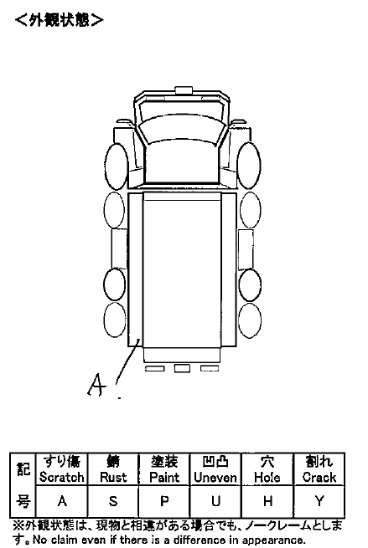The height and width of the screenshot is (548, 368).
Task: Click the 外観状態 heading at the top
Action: [x=60, y=20]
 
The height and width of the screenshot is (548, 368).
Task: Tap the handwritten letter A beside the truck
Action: [x=96, y=385]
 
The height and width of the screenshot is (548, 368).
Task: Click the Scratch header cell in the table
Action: [x=62, y=469]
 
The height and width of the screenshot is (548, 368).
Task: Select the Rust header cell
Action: [x=113, y=469]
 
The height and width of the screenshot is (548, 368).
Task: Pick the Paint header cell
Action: [x=164, y=469]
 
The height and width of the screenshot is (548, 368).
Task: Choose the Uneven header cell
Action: [x=215, y=469]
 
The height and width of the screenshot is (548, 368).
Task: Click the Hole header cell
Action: [x=267, y=469]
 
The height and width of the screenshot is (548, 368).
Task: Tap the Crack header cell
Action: [x=319, y=469]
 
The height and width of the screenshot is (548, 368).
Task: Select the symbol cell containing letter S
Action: [x=113, y=501]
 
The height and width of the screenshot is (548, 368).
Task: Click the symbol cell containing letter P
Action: [x=164, y=501]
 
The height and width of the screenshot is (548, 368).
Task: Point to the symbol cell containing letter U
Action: [x=215, y=501]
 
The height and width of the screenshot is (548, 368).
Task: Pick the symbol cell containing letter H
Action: [x=267, y=501]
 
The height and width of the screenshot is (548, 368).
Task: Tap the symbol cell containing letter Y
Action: [x=319, y=501]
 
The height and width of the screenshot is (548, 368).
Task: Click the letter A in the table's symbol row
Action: [x=62, y=501]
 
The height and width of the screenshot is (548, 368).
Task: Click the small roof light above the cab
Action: [x=184, y=90]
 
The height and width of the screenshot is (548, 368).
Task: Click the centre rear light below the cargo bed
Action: [x=182, y=368]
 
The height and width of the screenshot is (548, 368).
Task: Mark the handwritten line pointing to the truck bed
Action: [x=127, y=361]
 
